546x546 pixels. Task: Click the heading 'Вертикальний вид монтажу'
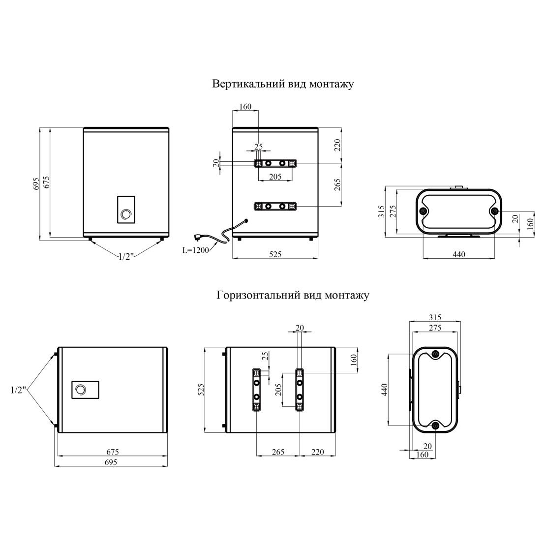[x=283, y=84]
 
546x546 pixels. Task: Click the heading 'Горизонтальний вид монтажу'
[x=293, y=295]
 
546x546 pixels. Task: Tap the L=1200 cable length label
[x=196, y=250]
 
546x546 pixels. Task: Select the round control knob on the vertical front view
[x=126, y=214]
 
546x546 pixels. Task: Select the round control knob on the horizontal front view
[x=81, y=389]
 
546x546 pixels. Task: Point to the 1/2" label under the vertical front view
[x=126, y=257]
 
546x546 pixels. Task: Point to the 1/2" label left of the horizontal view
[x=19, y=390]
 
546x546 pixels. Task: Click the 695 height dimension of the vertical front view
[x=36, y=183]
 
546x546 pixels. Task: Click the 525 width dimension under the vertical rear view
[x=275, y=254]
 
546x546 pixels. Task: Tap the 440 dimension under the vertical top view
[x=458, y=254]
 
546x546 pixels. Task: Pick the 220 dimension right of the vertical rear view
[x=337, y=146]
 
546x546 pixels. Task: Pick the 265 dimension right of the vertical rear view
[x=337, y=184]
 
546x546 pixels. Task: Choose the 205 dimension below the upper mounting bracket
[x=275, y=177]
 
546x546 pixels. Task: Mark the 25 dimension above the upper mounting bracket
[x=258, y=147]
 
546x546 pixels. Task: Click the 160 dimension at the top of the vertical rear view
[x=245, y=106]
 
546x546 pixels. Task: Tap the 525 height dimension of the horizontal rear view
[x=201, y=390]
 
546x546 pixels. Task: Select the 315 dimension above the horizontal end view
[x=435, y=317]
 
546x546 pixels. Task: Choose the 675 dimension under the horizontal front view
[x=113, y=452]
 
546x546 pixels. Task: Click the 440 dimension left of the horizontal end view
[x=384, y=390]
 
